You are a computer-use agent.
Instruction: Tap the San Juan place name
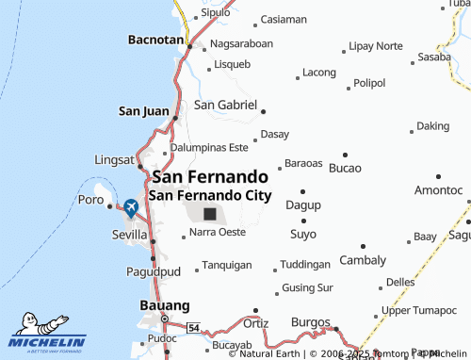click(x=143, y=111)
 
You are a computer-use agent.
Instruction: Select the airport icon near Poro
click(x=130, y=206)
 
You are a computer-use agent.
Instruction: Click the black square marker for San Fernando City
click(x=210, y=215)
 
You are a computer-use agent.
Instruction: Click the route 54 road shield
click(x=193, y=326)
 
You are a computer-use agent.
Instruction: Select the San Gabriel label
click(x=225, y=106)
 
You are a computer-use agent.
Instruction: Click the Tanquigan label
click(x=227, y=266)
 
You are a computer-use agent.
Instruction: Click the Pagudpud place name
click(x=151, y=272)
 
